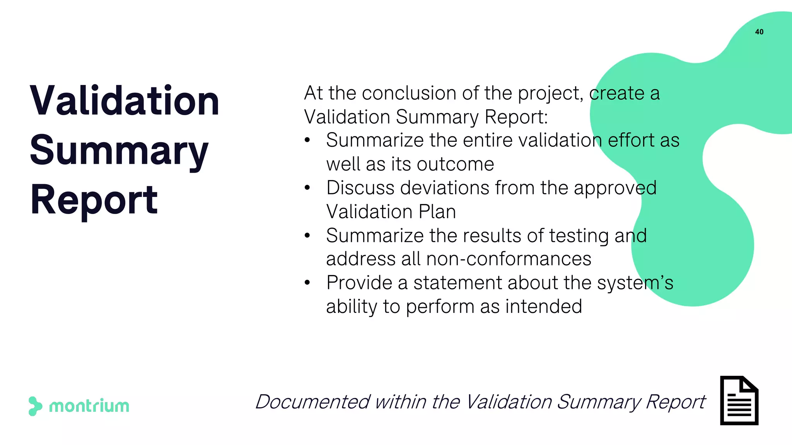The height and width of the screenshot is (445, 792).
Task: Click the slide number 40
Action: pos(759,32)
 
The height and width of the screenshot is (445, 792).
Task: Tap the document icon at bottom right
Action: pos(739,401)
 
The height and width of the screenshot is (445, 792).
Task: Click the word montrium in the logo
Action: pos(89,406)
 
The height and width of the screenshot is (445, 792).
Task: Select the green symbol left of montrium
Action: pos(35,406)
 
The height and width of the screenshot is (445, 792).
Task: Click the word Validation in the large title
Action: pos(125,101)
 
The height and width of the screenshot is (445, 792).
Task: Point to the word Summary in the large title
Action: pos(119,151)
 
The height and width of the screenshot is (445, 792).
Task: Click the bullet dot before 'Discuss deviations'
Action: pos(307,188)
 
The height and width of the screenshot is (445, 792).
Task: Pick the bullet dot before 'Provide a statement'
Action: pos(307,283)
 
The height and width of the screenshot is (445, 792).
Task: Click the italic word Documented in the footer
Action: pos(312,402)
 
